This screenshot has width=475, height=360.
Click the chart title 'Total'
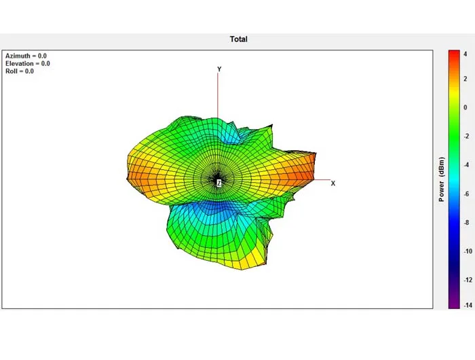(x=239, y=39)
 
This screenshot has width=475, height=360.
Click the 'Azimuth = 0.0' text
(x=26, y=56)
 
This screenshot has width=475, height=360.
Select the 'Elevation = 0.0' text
(x=28, y=63)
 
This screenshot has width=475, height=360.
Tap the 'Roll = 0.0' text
(x=20, y=71)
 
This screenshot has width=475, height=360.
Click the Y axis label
(x=219, y=69)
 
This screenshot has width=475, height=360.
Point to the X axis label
(x=333, y=183)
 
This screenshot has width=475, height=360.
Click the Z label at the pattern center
(x=218, y=183)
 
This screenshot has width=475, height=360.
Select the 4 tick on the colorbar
(x=465, y=54)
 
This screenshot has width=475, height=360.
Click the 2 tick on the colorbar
(x=465, y=79)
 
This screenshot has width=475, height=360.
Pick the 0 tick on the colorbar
(x=465, y=107)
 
